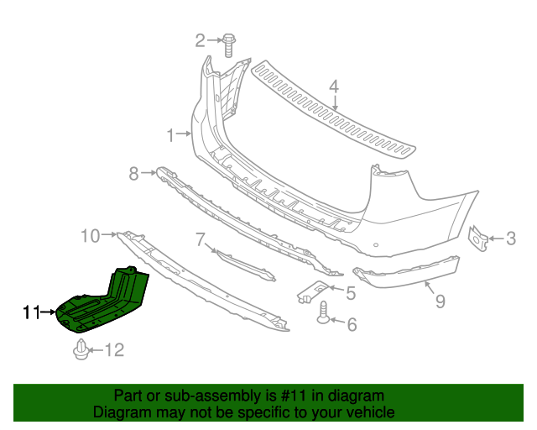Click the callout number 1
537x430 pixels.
point(170,134)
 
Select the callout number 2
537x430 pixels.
point(201,39)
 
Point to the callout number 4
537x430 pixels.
point(333,86)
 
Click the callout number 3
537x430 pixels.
point(511,240)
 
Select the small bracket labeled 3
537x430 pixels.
point(479,238)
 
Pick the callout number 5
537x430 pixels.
point(351,292)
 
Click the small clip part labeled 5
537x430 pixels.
point(313,291)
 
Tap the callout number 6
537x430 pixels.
point(352,323)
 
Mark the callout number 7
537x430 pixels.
point(201,240)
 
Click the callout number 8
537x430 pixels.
point(133,174)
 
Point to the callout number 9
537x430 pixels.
point(440,299)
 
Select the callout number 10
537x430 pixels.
point(91,235)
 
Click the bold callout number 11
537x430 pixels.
point(32,312)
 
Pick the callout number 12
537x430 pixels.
point(113,349)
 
